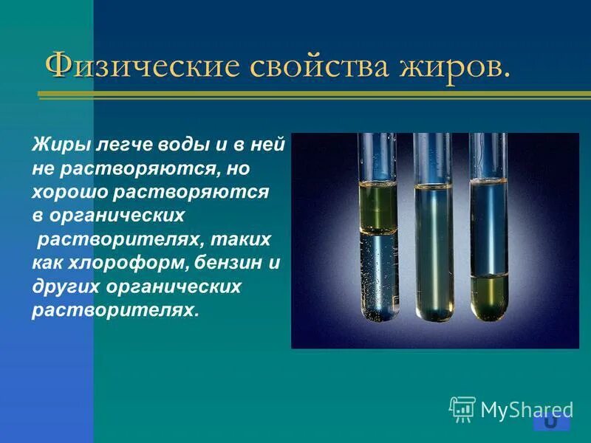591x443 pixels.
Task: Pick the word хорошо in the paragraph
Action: [x=66, y=192]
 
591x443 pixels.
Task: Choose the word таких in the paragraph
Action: [x=228, y=239]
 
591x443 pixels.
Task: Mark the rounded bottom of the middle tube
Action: [x=433, y=313]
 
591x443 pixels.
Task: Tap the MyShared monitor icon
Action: [x=462, y=408]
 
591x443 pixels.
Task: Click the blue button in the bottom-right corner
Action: [x=551, y=422]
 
